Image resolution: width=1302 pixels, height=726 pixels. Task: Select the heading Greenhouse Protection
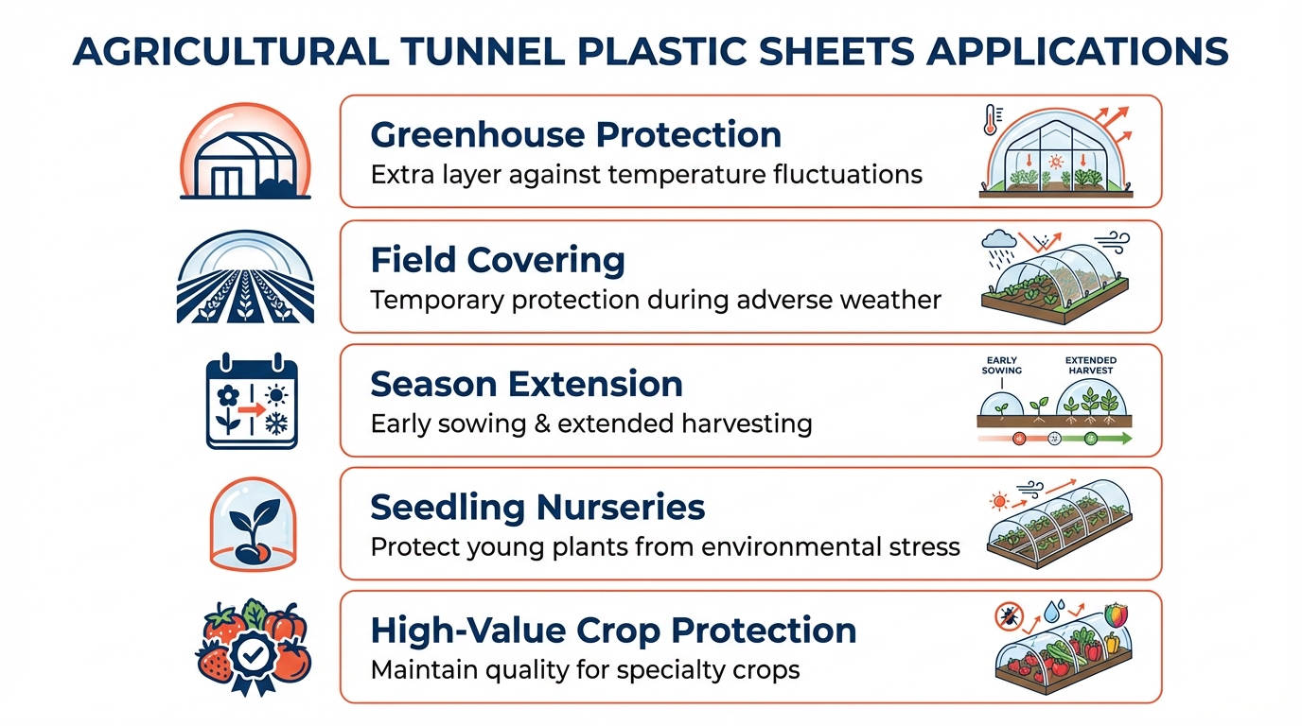click(575, 135)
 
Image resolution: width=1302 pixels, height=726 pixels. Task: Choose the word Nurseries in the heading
click(620, 508)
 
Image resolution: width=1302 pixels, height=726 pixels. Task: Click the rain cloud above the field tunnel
click(998, 239)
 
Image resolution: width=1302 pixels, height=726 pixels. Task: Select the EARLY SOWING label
click(1001, 365)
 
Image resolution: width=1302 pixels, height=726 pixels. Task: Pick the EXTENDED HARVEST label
click(1090, 365)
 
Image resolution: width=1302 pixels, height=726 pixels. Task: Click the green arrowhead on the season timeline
click(1126, 439)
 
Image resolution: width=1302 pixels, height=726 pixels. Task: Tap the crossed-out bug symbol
click(1009, 616)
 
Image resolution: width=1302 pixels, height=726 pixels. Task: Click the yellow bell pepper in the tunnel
click(1112, 643)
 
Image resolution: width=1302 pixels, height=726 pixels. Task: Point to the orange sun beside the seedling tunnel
click(999, 501)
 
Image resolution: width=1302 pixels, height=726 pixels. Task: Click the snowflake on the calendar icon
click(276, 423)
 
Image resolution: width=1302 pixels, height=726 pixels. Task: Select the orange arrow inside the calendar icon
click(252, 409)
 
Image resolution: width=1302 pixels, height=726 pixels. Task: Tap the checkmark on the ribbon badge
click(253, 655)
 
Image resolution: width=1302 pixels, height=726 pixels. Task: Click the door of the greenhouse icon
click(227, 181)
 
